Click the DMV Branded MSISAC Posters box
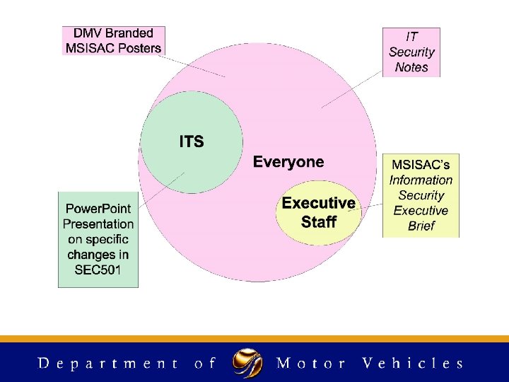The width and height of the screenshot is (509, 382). point(113,40)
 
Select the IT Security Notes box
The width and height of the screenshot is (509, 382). point(411,52)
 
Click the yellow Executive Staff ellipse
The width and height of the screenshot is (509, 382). point(318,212)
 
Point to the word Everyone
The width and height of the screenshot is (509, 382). point(288,162)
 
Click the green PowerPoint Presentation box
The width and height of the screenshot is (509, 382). point(98,238)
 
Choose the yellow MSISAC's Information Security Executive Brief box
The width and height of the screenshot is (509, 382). point(421,195)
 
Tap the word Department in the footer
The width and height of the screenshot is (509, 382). point(107,364)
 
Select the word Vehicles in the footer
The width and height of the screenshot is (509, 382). point(412,364)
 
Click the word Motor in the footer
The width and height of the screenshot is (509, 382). point(311,364)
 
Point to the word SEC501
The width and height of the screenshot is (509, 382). point(98,270)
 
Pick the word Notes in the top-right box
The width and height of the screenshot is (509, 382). point(411,67)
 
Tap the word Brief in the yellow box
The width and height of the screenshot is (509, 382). point(421,226)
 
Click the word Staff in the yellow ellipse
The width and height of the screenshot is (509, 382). point(318,222)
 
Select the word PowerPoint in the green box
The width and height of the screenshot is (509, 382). point(98,209)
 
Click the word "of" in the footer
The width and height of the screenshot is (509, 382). point(204,364)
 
